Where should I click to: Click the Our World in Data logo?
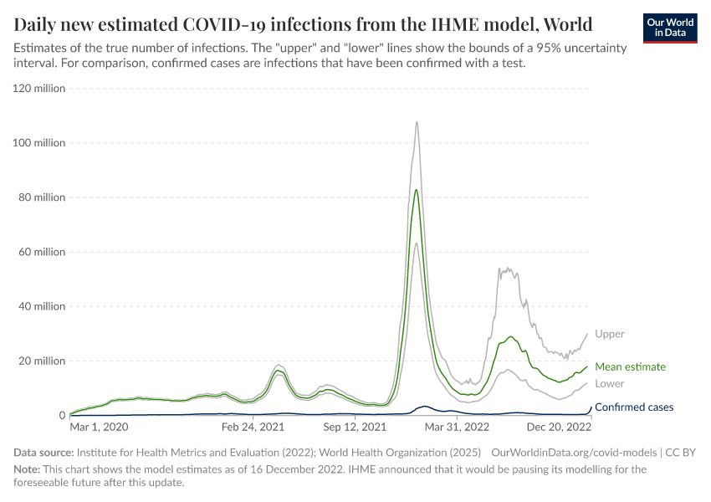pyautogui.click(x=670, y=28)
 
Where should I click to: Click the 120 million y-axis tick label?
pyautogui.click(x=38, y=89)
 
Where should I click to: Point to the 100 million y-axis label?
pyautogui.click(x=38, y=143)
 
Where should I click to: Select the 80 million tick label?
pyautogui.click(x=41, y=197)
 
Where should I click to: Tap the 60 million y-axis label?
pyautogui.click(x=41, y=252)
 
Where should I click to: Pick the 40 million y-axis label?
pyautogui.click(x=41, y=306)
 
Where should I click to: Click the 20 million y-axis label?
pyautogui.click(x=41, y=361)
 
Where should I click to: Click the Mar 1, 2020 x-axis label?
pyautogui.click(x=100, y=427)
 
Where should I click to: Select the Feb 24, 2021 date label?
pyautogui.click(x=254, y=427)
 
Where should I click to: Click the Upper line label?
pyautogui.click(x=609, y=334)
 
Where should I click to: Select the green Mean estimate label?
pyautogui.click(x=630, y=366)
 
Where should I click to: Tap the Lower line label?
pyautogui.click(x=610, y=383)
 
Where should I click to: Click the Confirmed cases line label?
pyautogui.click(x=633, y=407)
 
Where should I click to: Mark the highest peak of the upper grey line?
pyautogui.click(x=417, y=121)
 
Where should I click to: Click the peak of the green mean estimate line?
pyautogui.click(x=417, y=190)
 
